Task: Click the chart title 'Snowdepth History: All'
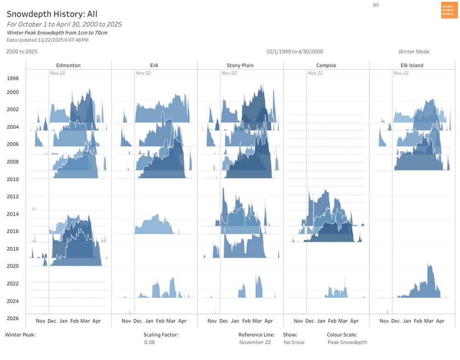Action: tap(52, 14)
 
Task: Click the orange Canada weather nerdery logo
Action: tap(449, 10)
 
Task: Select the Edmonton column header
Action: tap(68, 65)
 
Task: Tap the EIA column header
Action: tap(154, 65)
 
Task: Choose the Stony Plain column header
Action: tap(240, 65)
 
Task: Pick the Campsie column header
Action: tap(326, 65)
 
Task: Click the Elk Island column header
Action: tap(412, 65)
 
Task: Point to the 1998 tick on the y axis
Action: tap(13, 78)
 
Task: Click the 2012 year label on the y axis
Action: tap(13, 197)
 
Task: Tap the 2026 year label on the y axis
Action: tap(13, 318)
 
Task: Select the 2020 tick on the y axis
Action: tap(13, 266)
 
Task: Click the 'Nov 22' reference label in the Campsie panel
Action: tap(316, 73)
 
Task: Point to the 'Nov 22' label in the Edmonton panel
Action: tap(57, 73)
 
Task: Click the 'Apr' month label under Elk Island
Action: tap(440, 321)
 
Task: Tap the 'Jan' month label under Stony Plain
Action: tap(235, 321)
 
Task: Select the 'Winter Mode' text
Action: tap(414, 52)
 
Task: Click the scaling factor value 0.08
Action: tap(149, 343)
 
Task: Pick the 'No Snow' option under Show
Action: tap(294, 343)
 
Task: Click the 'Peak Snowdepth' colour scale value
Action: tap(347, 343)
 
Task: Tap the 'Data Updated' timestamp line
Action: tap(47, 40)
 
